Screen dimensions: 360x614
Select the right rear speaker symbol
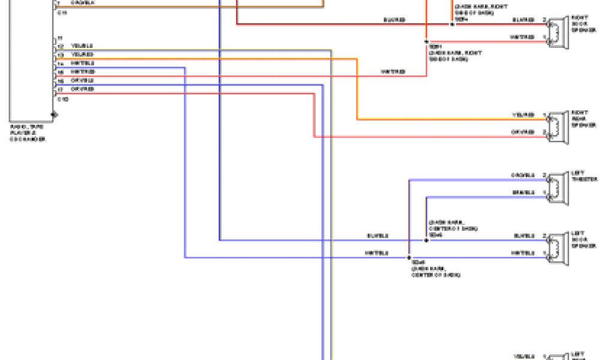(x=558, y=124)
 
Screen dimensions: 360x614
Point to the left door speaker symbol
(x=558, y=244)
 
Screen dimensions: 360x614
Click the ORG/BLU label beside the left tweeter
(x=523, y=175)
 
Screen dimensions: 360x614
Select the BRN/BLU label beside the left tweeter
(x=523, y=193)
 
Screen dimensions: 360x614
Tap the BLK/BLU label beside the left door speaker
(x=523, y=236)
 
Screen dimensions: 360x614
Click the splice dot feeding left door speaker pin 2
(x=426, y=240)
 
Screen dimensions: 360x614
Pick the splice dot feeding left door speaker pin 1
(x=409, y=257)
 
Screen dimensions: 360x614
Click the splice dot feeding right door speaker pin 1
(x=426, y=41)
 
